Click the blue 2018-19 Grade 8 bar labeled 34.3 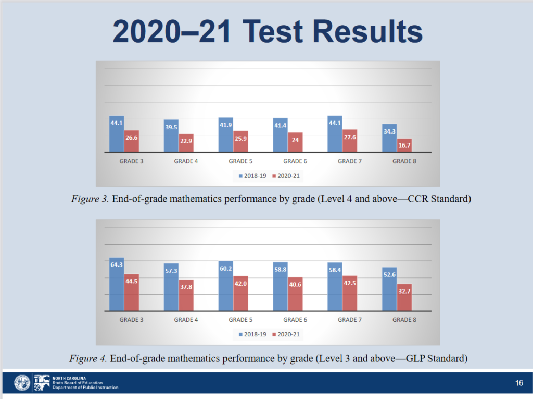389,138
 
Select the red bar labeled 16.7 404,146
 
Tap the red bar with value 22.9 186,143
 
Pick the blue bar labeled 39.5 171,136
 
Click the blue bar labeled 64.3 117,284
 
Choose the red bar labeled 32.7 404,297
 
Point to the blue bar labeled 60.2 226,286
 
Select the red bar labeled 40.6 295,294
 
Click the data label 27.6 350,137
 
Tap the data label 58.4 335,270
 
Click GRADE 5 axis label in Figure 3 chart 240,161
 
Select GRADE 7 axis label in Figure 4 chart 350,320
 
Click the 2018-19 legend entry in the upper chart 252,176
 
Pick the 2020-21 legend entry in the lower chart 286,334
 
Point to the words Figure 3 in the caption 90,199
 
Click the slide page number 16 519,383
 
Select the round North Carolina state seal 22,383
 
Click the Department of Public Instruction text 85,388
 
